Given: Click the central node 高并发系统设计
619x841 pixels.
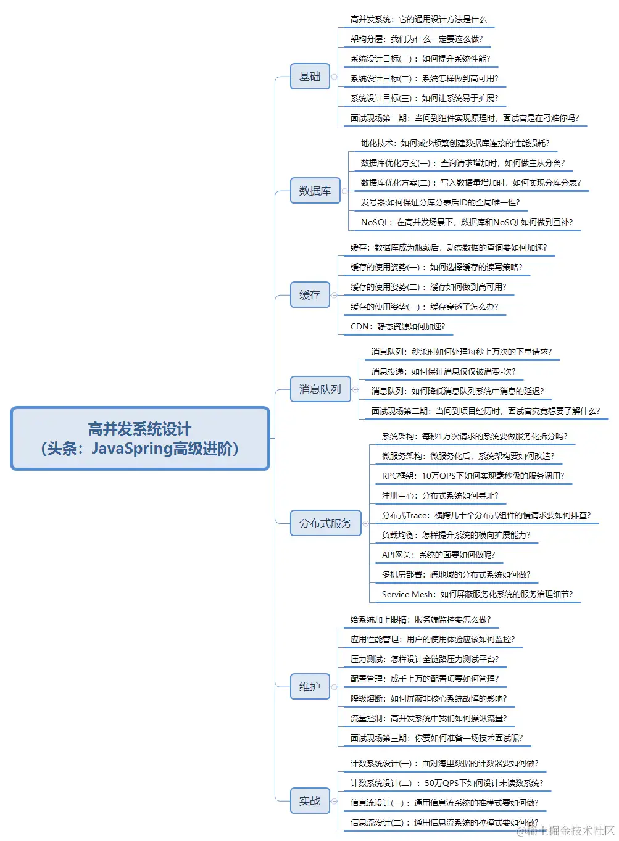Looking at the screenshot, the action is [140, 439].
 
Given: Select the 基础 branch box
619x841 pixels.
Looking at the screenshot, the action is [310, 77].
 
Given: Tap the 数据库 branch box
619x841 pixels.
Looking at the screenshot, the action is [315, 191].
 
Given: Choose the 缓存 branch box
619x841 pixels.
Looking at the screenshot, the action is [310, 295].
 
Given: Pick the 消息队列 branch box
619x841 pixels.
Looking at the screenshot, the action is [320, 389].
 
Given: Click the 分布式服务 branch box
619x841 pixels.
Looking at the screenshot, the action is [325, 523].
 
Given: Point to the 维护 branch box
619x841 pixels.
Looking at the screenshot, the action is [310, 687].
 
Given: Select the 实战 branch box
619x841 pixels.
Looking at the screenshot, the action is [310, 801].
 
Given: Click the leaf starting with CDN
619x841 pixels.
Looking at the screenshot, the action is [397, 326].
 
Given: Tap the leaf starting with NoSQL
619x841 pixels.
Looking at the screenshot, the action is [467, 222].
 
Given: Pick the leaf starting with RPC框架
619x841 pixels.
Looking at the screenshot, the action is [473, 476].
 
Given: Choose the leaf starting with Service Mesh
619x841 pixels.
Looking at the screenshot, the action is [477, 594].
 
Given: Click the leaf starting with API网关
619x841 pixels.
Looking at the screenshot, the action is [438, 555].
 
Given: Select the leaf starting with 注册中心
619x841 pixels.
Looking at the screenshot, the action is [439, 495].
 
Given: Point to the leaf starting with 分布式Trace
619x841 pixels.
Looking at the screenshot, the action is [486, 515].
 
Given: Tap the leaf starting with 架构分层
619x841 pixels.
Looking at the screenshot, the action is [417, 39].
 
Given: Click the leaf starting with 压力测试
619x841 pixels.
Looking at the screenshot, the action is [425, 659].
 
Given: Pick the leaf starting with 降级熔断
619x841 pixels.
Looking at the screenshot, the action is [428, 698].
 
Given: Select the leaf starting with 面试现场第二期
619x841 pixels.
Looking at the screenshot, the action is [485, 411].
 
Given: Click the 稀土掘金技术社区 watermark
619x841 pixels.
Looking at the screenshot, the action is [566, 831].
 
